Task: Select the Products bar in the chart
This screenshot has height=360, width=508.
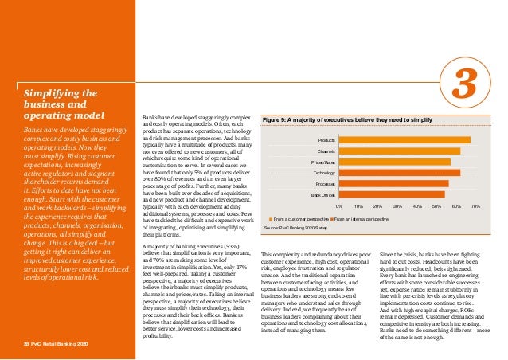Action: pos(404,140)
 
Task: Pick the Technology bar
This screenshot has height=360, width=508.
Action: pos(399,172)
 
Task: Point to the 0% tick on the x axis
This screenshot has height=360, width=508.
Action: pos(339,205)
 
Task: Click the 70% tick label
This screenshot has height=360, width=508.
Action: pos(475,205)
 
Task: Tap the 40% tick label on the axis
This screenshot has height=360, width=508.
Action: pos(416,205)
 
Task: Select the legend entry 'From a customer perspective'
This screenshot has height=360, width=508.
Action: pos(298,217)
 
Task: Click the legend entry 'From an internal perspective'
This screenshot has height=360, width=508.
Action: pos(360,217)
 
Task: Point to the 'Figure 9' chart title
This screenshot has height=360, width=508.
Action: pos(347,119)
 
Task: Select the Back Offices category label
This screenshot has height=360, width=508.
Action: pos(322,194)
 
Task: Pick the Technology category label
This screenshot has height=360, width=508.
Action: pos(324,172)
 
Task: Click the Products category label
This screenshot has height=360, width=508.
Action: pos(326,140)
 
